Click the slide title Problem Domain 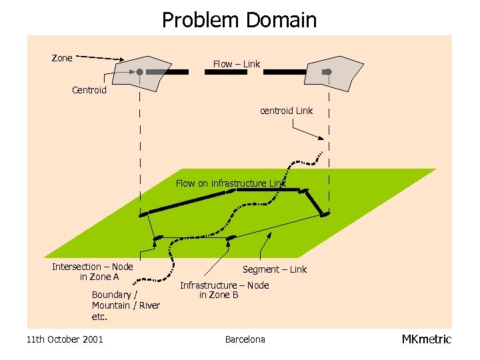coord(239,20)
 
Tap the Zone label coord(62,58)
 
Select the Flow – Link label coord(237,64)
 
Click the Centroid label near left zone coord(89,90)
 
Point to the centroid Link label coord(286,111)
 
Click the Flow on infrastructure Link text coord(231,183)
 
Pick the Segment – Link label coord(275,269)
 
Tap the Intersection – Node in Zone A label coord(93,271)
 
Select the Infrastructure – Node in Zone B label coord(225,290)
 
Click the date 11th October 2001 coord(65,339)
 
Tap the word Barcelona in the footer coord(245,339)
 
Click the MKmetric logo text coord(427,339)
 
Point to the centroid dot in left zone coord(140,71)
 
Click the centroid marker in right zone coord(327,71)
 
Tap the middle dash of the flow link coord(225,71)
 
